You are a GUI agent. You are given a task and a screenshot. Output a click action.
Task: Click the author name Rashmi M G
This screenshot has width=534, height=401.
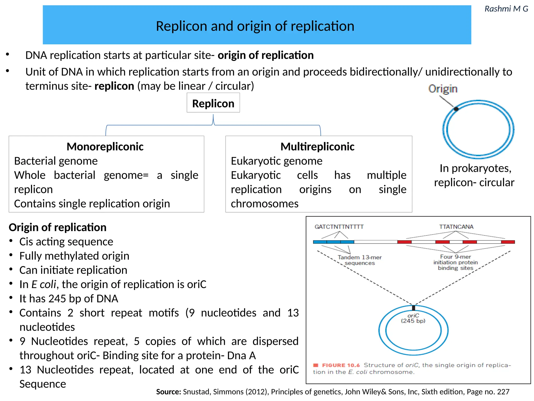coord(506,9)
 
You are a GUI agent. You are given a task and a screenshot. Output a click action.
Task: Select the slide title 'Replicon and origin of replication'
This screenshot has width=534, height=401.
coord(255,26)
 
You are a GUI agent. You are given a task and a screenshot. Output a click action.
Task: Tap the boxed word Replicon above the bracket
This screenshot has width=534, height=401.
coord(213,104)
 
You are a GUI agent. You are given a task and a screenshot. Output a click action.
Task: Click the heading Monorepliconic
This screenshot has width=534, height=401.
coord(105,147)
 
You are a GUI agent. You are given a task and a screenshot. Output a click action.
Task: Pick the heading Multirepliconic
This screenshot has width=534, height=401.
coord(317,147)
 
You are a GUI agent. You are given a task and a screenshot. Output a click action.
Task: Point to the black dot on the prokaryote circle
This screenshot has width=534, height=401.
coord(456,109)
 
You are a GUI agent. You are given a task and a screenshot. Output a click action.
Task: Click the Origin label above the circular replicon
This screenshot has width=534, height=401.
coord(443,89)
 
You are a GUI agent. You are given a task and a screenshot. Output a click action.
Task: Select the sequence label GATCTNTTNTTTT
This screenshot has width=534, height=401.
coord(339,227)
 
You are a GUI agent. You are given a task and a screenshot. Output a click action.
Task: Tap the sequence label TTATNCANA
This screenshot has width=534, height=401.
coord(456,227)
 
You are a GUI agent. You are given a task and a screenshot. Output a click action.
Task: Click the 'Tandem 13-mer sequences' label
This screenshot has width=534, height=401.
coord(360,260)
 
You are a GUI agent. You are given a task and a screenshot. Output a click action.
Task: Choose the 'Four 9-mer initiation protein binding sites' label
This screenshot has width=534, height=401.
coord(456,262)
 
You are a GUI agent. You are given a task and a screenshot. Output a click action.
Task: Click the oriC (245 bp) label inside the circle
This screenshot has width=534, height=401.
coord(413,318)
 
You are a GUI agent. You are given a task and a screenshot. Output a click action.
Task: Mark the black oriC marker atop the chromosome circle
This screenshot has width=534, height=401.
coord(414,308)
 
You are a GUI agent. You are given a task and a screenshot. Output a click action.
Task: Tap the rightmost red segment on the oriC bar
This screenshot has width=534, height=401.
coord(508,242)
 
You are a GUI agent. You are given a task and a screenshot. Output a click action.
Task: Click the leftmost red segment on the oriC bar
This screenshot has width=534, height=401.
coord(404,242)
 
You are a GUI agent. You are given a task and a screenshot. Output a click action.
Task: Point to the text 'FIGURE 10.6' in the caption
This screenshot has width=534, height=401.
coord(341,365)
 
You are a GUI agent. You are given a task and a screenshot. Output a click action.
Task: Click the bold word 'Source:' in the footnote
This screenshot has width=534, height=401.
coord(168,392)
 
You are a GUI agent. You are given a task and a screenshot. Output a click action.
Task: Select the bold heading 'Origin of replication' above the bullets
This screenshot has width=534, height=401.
coord(58,227)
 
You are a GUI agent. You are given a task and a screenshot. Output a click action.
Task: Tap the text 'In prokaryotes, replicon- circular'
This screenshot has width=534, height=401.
coord(474,175)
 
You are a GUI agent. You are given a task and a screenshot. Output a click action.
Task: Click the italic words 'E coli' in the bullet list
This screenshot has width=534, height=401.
coord(44,284)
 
